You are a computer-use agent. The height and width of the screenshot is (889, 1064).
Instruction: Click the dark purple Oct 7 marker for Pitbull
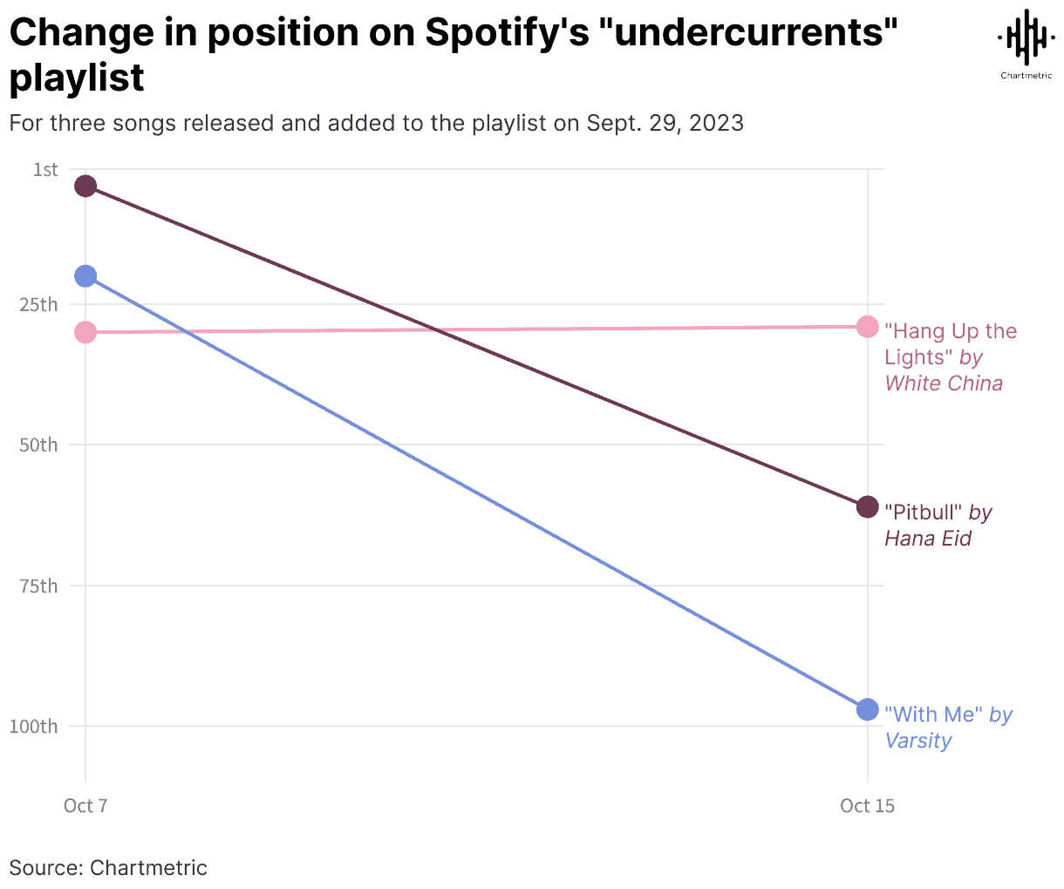(x=85, y=186)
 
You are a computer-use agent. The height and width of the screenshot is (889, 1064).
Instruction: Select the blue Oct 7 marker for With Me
(x=85, y=276)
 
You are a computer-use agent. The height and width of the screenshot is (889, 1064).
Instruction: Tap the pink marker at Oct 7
(x=85, y=332)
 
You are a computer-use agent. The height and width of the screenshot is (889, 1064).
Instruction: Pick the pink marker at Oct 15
(x=867, y=327)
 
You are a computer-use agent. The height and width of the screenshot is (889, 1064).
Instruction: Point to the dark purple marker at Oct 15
(x=867, y=506)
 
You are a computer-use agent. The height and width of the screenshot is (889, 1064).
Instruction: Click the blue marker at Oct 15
(x=867, y=709)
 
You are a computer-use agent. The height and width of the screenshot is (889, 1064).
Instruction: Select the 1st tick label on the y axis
(x=45, y=170)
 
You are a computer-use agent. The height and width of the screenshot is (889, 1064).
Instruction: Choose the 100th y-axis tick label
(x=35, y=727)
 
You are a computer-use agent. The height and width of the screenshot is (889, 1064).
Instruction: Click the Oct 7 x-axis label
(x=85, y=805)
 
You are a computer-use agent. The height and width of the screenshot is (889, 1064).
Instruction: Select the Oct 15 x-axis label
(x=867, y=805)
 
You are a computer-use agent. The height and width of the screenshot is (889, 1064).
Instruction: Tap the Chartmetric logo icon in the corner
(x=1026, y=39)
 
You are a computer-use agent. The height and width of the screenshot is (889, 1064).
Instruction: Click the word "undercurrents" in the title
(x=753, y=33)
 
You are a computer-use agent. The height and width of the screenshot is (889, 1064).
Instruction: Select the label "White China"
(x=944, y=383)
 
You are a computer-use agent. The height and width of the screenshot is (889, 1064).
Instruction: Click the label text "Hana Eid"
(x=928, y=539)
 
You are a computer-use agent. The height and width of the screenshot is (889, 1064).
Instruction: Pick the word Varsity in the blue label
(x=918, y=741)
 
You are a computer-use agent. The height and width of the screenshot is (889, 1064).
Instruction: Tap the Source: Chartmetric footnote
(x=108, y=868)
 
